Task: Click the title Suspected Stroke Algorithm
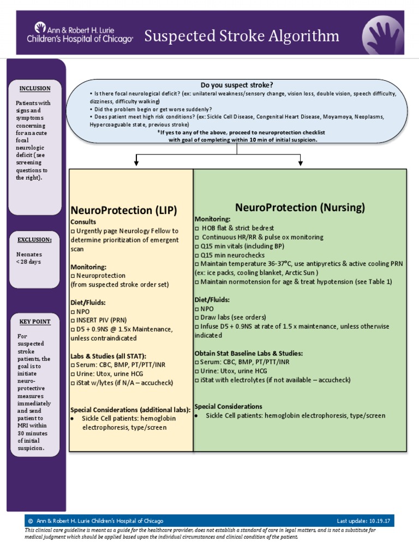pyautogui.click(x=241, y=37)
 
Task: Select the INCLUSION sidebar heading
pyautogui.click(x=35, y=88)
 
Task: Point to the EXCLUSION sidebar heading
pyautogui.click(x=35, y=240)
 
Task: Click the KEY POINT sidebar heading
pyautogui.click(x=35, y=322)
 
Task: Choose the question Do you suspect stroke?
pyautogui.click(x=237, y=85)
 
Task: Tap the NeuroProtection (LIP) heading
pyautogui.click(x=124, y=210)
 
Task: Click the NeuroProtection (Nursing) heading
pyautogui.click(x=300, y=207)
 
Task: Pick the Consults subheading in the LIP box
pyautogui.click(x=83, y=222)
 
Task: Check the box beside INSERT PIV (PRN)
pyautogui.click(x=73, y=320)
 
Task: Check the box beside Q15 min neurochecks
pyautogui.click(x=197, y=255)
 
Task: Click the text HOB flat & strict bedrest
pyautogui.click(x=238, y=228)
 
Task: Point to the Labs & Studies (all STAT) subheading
pyautogui.click(x=108, y=356)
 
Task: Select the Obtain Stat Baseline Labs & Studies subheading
pyautogui.click(x=248, y=353)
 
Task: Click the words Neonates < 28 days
pyautogui.click(x=29, y=258)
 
